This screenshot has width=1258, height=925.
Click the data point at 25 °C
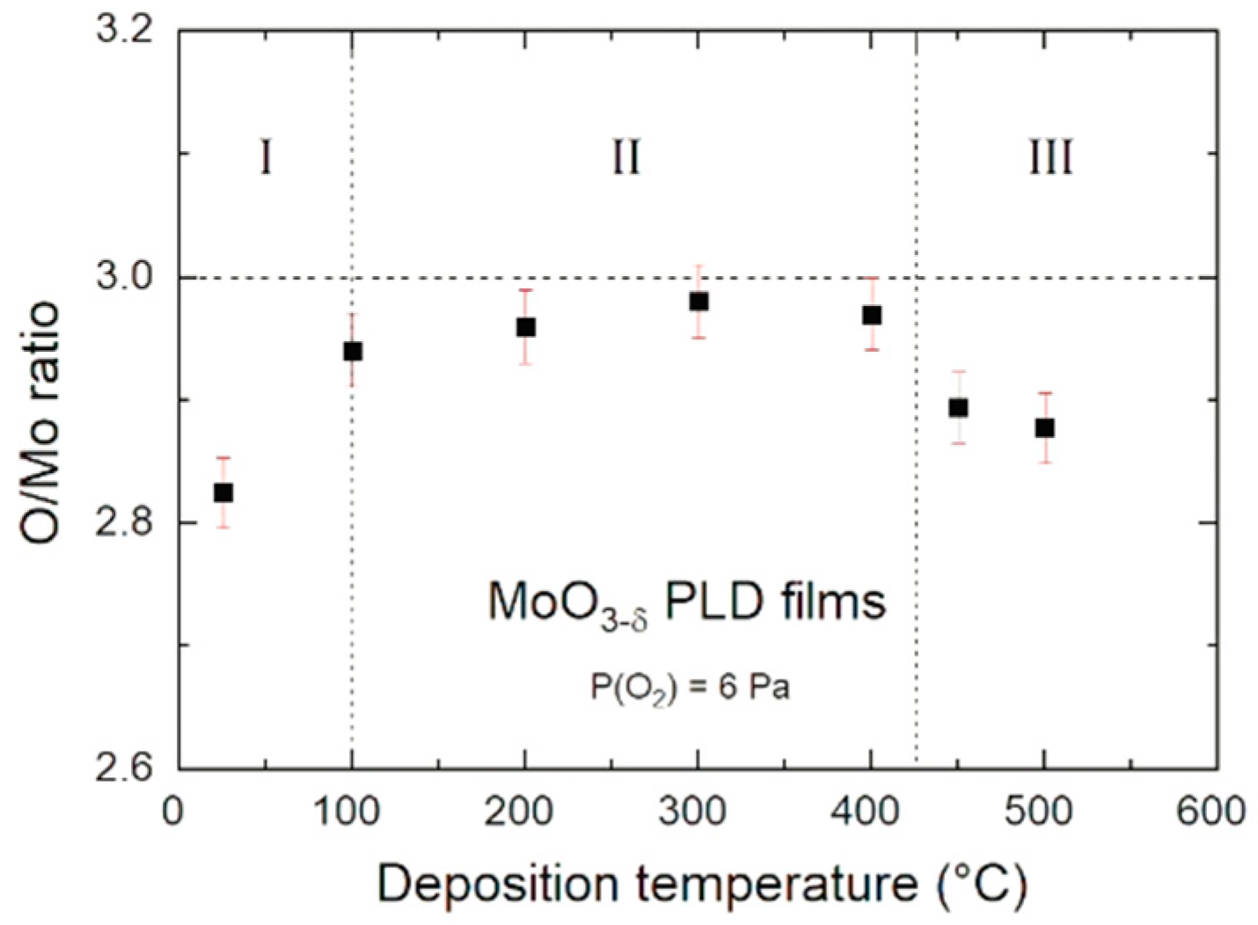point(223,492)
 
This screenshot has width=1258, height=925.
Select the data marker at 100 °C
point(353,352)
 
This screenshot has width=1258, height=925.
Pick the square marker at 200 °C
point(525,327)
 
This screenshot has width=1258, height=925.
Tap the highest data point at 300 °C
point(698,302)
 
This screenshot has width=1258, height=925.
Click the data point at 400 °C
point(871,315)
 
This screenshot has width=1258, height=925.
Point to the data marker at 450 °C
point(958,408)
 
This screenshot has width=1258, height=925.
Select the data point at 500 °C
point(1044,428)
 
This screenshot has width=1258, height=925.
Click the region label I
point(266,158)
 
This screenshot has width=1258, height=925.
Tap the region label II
point(625,158)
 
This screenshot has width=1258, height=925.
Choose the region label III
point(1050,158)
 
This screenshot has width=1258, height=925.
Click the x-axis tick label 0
point(173,812)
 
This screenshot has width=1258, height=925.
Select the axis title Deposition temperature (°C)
point(701,884)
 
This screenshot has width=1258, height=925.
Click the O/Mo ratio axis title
point(42,422)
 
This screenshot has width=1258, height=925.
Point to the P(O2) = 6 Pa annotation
point(689,687)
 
